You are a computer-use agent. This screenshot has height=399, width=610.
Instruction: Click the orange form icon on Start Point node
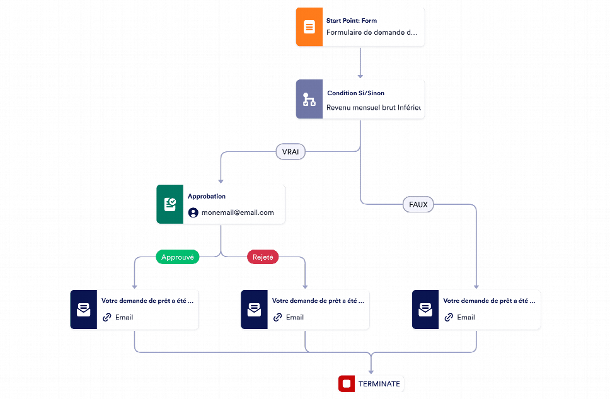coord(309,27)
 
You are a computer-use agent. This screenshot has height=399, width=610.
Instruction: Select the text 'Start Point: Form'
coord(351,21)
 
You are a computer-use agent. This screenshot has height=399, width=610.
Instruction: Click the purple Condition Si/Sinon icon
coord(309,100)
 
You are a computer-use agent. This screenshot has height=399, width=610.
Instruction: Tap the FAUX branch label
coord(418,204)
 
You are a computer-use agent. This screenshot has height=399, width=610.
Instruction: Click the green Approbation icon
coord(170,204)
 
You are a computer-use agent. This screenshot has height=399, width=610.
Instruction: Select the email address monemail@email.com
coord(238,213)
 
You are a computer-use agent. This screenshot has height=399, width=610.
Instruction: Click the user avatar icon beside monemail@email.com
coord(193,213)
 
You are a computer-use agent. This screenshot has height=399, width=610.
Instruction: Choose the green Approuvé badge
coord(178,257)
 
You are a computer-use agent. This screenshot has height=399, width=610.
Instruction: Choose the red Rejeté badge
coord(262,257)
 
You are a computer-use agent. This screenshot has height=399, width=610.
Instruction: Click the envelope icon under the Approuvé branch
coord(83,309)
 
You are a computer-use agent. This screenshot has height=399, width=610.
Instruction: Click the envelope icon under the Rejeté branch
coord(254,309)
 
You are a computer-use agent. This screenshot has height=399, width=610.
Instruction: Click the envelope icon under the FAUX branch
coord(425,309)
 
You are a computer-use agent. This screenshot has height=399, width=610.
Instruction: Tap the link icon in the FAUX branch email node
coord(449,318)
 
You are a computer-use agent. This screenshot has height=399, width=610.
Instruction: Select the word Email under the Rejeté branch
coord(294,318)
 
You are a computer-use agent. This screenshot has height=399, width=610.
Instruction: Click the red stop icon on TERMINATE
coord(346,383)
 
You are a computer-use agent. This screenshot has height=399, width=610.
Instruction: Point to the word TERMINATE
coord(379,383)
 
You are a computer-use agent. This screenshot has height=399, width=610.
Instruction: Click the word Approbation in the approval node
coord(206,197)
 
